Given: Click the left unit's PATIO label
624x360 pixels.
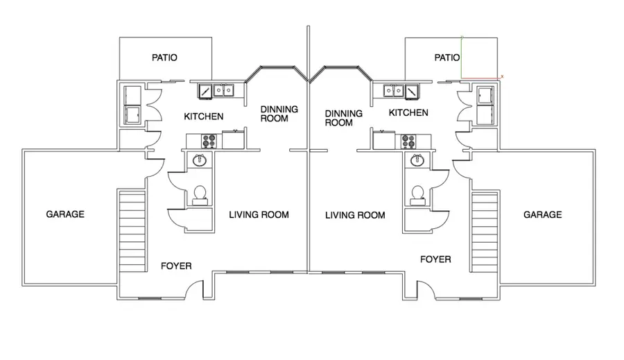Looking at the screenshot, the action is [x=164, y=58].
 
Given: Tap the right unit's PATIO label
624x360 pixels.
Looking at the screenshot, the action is [x=447, y=58].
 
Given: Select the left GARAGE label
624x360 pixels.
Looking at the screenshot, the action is [x=65, y=214].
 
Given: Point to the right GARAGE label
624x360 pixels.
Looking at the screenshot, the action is [x=542, y=214].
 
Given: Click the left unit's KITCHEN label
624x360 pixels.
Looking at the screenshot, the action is [x=204, y=117].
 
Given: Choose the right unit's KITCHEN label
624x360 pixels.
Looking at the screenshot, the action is [x=408, y=112].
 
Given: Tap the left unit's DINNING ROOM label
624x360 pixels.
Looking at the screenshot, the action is [x=279, y=114].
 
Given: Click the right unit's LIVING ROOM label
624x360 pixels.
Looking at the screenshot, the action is [x=355, y=216].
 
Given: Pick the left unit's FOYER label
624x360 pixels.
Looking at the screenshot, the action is [x=176, y=266].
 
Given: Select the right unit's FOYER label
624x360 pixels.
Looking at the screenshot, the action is [x=435, y=259].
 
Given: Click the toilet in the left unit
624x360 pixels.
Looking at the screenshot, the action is [x=200, y=195].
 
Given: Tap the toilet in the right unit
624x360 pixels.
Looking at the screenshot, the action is [x=417, y=195].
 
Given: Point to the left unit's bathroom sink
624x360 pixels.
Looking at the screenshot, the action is [x=200, y=160].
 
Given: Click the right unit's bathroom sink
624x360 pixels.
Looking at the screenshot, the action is [x=417, y=160].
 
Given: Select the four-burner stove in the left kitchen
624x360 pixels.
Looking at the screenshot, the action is [x=209, y=141].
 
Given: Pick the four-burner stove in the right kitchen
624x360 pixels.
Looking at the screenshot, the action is [x=408, y=141].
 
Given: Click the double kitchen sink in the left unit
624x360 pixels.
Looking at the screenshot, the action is [x=224, y=90].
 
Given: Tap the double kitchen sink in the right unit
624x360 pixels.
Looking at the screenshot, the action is [x=394, y=90].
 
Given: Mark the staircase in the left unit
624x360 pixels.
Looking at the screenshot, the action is [x=132, y=231].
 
